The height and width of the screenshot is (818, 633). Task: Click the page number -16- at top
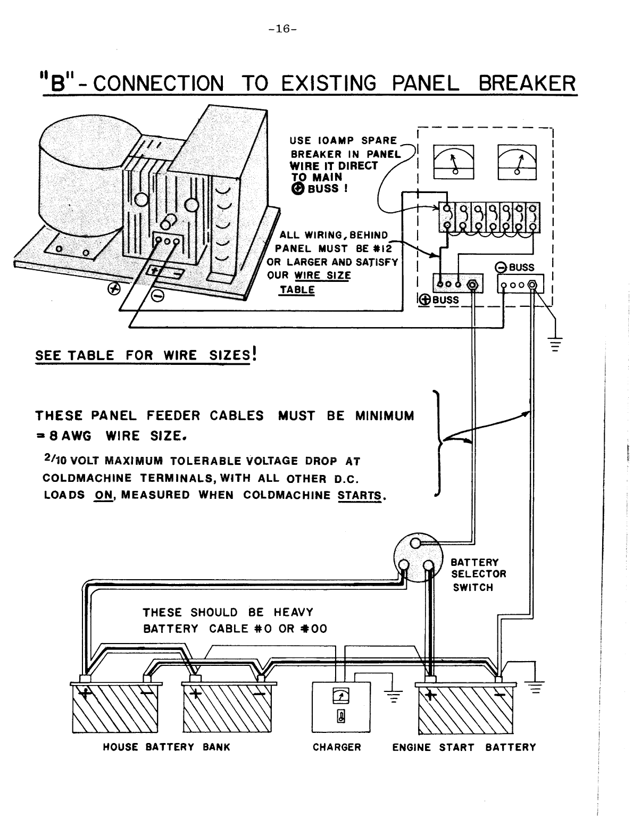coord(282,29)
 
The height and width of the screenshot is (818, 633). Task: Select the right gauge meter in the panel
coord(517,162)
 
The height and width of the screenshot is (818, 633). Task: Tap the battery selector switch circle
coord(418,558)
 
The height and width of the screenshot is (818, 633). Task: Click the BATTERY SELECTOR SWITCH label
coord(478,574)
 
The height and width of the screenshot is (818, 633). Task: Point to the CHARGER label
coord(337,747)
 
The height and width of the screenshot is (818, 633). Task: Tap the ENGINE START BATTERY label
coord(464,747)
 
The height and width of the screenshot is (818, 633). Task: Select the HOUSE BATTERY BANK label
coord(166,747)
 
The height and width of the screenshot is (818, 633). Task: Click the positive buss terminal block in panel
coord(458,284)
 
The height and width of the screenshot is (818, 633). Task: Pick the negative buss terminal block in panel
coord(520,284)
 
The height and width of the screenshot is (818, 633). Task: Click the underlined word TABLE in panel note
coord(297,290)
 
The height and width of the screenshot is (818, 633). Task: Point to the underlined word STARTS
coord(360,495)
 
